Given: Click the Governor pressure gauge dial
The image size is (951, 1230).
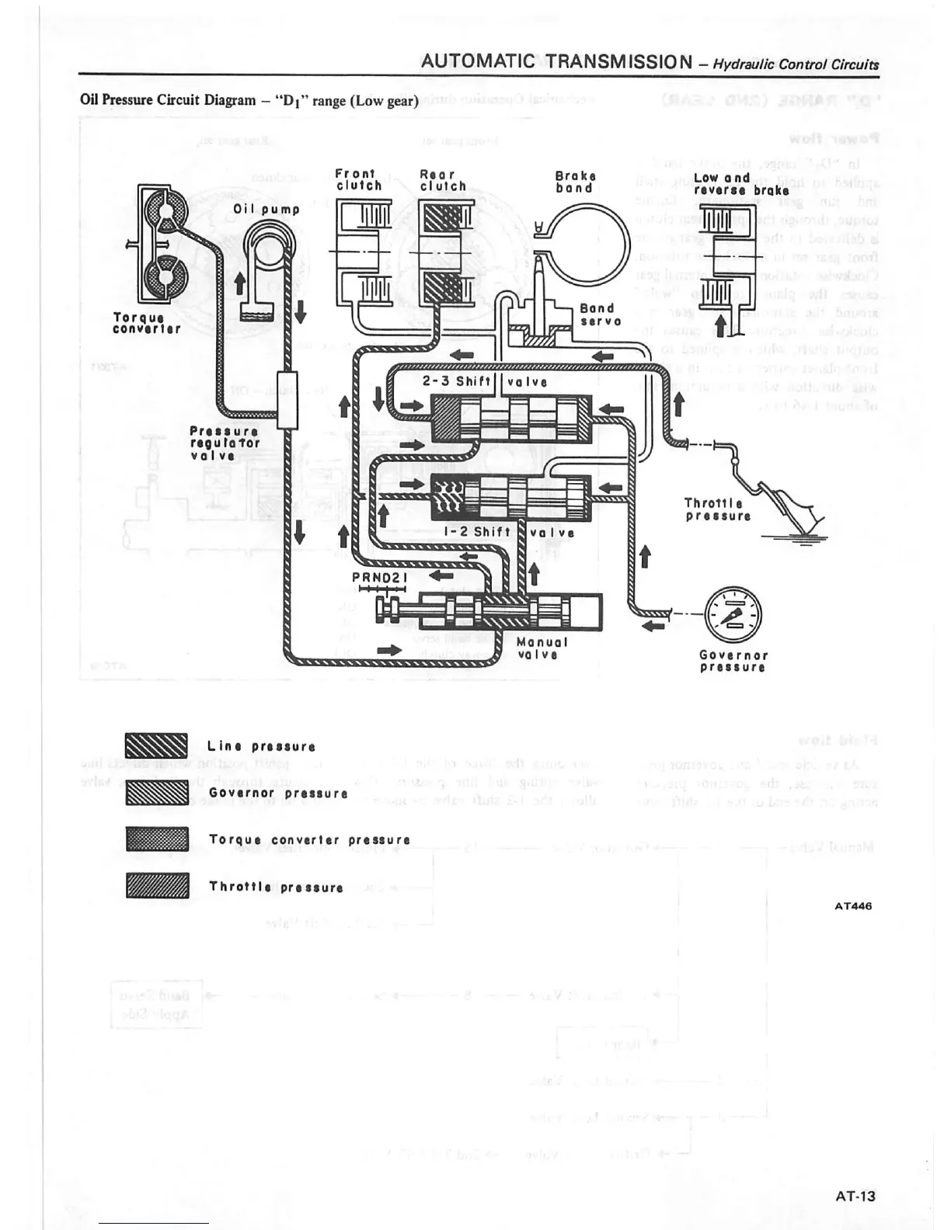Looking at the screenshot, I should pyautogui.click(x=733, y=615).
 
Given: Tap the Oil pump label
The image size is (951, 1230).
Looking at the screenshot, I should pyautogui.click(x=266, y=210).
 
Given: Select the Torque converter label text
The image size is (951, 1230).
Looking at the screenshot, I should pyautogui.click(x=147, y=323).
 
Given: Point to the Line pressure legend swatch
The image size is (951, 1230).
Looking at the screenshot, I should pyautogui.click(x=157, y=745).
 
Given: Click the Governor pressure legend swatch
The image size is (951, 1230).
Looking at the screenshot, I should pyautogui.click(x=157, y=793).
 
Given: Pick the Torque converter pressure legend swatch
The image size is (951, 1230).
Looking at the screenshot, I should pyautogui.click(x=157, y=839).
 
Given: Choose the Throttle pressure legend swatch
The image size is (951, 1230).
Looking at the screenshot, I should pyautogui.click(x=157, y=886).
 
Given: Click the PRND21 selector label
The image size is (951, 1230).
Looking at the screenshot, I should pyautogui.click(x=380, y=577).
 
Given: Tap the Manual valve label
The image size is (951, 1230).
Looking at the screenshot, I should pyautogui.click(x=542, y=648).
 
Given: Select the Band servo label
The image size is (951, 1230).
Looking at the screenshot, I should pyautogui.click(x=601, y=314).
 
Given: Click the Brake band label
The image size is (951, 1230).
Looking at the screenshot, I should pyautogui.click(x=576, y=182).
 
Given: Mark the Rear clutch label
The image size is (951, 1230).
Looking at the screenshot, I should pyautogui.click(x=443, y=180).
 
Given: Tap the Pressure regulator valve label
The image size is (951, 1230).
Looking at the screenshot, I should pyautogui.click(x=225, y=443).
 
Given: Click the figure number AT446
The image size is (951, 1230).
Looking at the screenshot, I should pyautogui.click(x=853, y=905).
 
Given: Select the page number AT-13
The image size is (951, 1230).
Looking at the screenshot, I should pyautogui.click(x=855, y=1197).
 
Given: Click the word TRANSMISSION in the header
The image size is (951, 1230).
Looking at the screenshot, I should pyautogui.click(x=618, y=61).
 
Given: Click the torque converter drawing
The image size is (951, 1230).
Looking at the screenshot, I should pyautogui.click(x=163, y=244).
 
